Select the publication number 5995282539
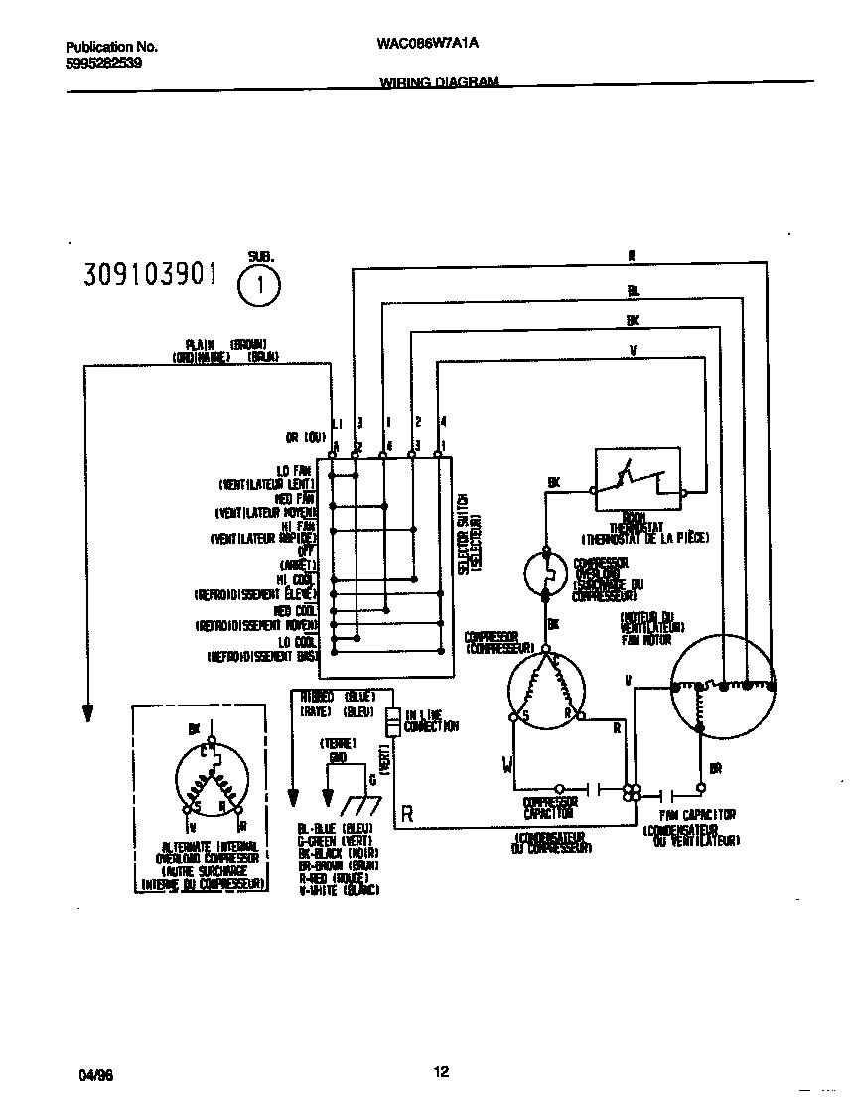point(104,62)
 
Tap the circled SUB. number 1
point(260,288)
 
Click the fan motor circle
point(722,685)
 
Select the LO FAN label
point(296,470)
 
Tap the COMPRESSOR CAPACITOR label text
point(550,807)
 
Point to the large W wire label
point(508,764)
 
